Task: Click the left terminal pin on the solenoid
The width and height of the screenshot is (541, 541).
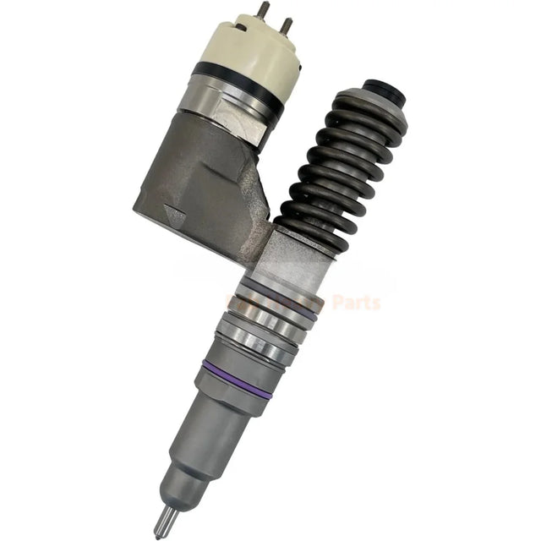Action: [263, 10]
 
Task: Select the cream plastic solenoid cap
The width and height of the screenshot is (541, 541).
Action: [244, 47]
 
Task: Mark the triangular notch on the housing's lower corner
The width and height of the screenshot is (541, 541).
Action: [175, 217]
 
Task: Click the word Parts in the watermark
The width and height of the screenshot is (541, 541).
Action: [355, 303]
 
